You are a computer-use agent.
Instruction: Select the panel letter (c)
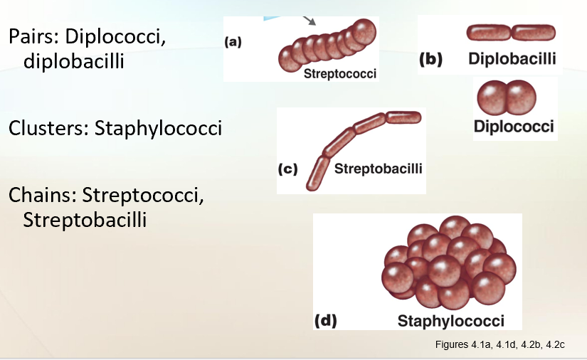(x=287, y=169)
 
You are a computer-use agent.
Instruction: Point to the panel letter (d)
(x=325, y=320)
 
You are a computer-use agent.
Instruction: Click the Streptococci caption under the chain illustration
(x=340, y=73)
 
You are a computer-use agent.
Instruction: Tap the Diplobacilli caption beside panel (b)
(x=512, y=58)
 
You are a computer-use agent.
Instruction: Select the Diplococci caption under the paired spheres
(x=514, y=127)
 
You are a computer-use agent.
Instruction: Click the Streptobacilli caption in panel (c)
(x=378, y=169)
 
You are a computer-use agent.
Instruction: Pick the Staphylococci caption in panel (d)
(x=450, y=320)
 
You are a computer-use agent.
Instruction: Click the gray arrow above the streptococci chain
(x=310, y=19)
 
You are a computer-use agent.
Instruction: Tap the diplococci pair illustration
(x=505, y=98)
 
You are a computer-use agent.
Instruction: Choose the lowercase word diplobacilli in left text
(x=74, y=62)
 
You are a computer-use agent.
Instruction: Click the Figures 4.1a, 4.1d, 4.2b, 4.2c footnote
(x=499, y=345)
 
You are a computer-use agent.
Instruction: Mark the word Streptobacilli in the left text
(x=85, y=220)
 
